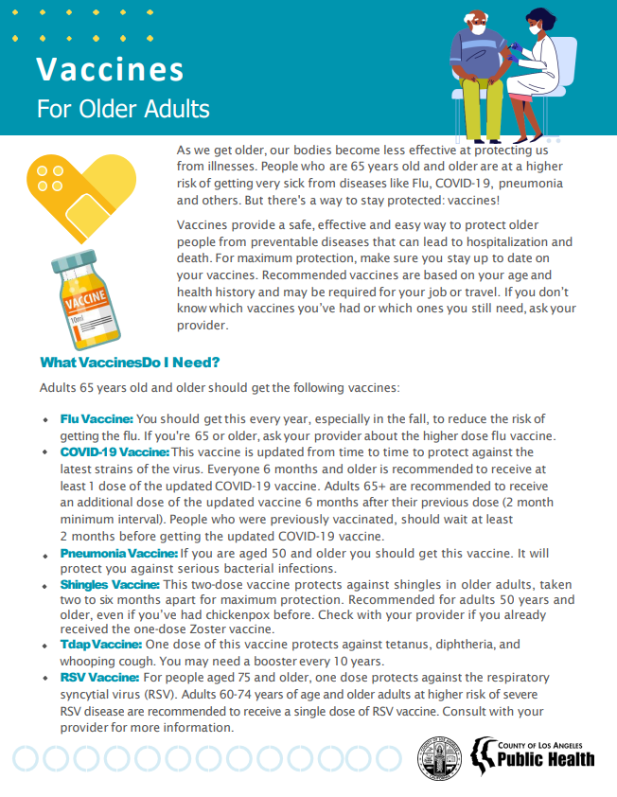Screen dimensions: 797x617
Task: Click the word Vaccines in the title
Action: [x=110, y=70]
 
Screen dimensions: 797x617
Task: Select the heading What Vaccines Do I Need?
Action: [x=131, y=363]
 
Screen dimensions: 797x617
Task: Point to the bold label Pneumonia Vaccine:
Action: [x=118, y=553]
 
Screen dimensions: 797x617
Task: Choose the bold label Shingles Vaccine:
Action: [x=110, y=586]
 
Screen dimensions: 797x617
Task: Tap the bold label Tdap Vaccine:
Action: [x=100, y=644]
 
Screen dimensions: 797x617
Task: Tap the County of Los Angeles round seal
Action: [x=441, y=757]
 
